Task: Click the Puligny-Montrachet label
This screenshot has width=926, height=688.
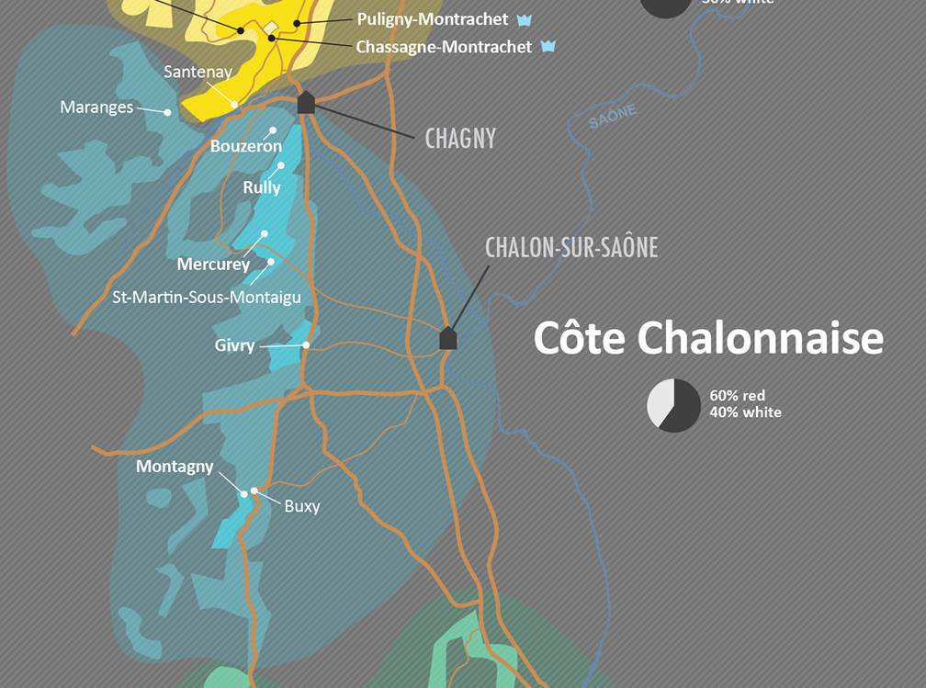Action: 432,18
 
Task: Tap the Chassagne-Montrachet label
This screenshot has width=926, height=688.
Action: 444,46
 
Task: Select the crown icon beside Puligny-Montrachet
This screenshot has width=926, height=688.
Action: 524,19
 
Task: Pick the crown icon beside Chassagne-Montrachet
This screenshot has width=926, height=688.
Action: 548,46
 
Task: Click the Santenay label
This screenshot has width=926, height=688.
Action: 198,72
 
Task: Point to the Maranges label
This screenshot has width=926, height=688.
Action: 96,107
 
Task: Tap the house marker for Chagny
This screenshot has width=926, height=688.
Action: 306,102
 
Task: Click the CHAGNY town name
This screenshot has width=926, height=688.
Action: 460,139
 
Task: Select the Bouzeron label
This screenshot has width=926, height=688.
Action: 245,146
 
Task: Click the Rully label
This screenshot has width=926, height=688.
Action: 262,187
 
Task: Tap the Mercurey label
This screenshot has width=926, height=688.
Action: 213,265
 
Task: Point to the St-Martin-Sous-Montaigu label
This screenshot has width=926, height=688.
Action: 206,297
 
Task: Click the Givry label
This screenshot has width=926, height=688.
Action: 234,347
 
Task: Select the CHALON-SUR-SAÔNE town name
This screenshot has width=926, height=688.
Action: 571,247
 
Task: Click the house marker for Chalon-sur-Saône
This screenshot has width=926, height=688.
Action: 447,338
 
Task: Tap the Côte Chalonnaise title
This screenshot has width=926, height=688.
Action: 708,337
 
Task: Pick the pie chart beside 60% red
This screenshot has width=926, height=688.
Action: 673,404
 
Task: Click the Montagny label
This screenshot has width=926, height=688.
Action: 175,467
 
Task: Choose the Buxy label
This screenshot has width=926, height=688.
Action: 301,505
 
